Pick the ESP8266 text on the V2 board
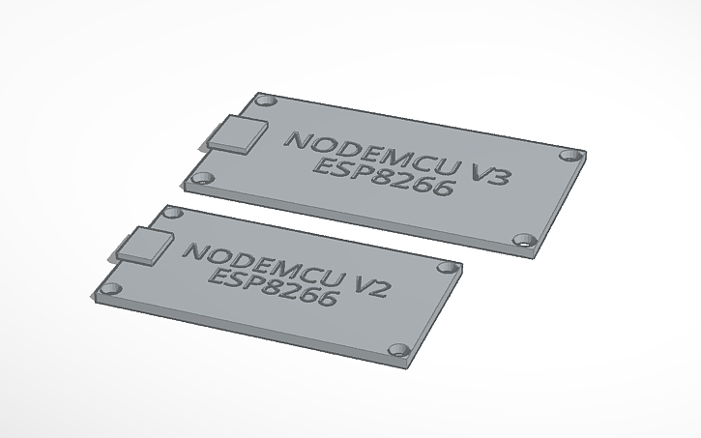[x=274, y=287]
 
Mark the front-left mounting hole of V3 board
[x=203, y=178]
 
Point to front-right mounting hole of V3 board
[x=524, y=240]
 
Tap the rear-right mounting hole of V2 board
[x=446, y=267]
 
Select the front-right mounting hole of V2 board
[x=395, y=351]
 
